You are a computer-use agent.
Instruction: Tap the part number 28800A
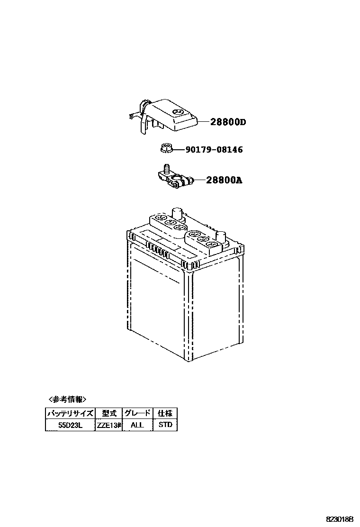(x=224, y=180)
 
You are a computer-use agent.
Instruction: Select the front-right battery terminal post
(x=221, y=236)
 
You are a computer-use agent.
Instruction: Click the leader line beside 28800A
(x=199, y=180)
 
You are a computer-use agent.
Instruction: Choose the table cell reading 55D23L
(x=70, y=425)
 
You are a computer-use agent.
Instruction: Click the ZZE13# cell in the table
(x=109, y=425)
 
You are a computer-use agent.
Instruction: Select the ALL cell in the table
(x=137, y=425)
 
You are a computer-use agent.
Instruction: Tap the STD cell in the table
(x=165, y=425)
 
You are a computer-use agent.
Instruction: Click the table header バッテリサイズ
(x=70, y=413)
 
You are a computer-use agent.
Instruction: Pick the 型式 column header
(x=109, y=413)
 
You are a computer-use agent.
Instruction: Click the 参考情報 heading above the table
(x=67, y=399)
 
